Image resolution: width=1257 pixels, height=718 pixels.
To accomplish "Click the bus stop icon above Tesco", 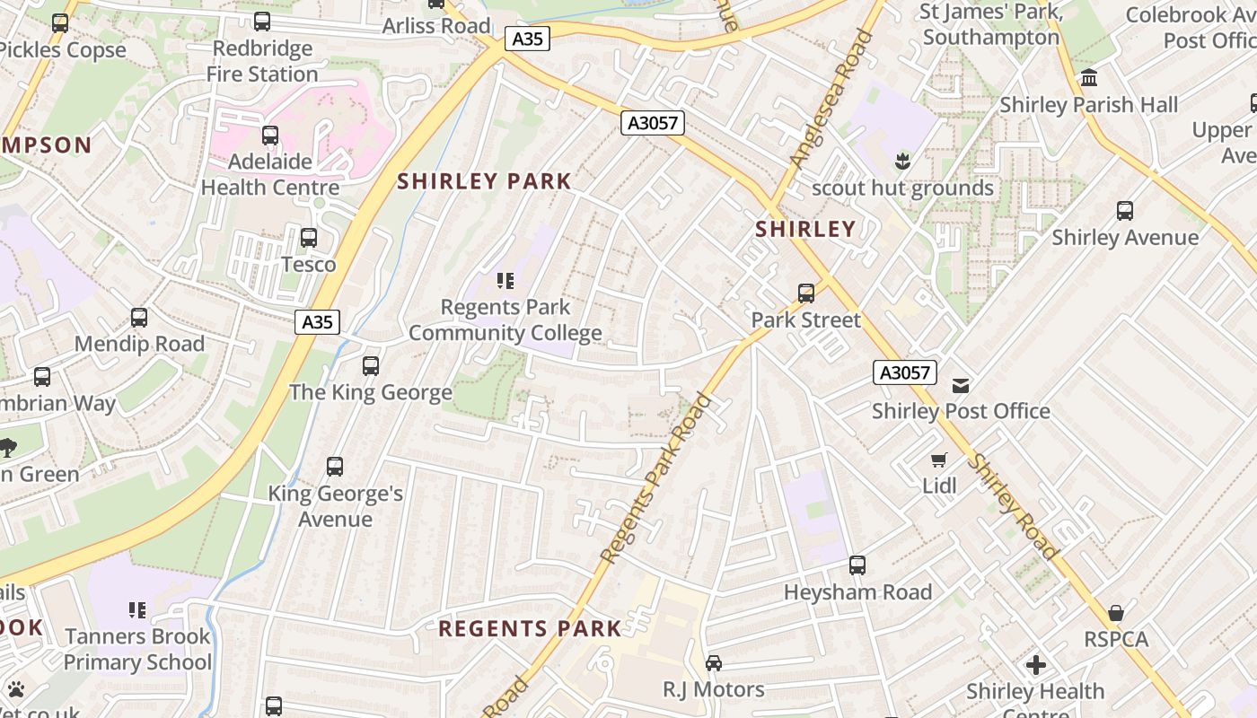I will [309, 238].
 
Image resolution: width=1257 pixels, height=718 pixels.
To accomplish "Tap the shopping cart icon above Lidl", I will [939, 460].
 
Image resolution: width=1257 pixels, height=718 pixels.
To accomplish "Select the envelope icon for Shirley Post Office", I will [961, 386].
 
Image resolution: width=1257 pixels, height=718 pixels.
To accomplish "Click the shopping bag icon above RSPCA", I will [1116, 614].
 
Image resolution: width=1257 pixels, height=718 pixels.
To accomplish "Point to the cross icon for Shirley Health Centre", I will [1036, 665].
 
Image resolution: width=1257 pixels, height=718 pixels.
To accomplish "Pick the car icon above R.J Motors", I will [714, 663].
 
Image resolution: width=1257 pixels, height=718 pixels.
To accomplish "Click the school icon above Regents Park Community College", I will [505, 281].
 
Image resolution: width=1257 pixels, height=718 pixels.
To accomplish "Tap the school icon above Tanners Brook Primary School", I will [137, 610].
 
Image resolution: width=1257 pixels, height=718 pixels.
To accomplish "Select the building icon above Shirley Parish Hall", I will [1089, 78].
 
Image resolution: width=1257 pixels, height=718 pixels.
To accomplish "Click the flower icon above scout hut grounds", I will [902, 162].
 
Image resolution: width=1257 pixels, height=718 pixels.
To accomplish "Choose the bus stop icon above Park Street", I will [806, 293].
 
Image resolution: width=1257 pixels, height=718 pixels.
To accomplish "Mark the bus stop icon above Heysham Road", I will [857, 565].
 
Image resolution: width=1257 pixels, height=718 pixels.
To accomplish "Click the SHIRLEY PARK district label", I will [484, 181].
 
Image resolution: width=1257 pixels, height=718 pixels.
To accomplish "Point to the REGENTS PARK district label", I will [530, 629].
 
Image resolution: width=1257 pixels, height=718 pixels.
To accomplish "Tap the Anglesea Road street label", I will [831, 99].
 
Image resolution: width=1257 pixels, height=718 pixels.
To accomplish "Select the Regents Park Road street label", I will [655, 480].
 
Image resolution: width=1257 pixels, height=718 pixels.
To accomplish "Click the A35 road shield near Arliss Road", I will [527, 39].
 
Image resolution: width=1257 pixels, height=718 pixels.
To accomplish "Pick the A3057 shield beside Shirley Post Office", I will [905, 372].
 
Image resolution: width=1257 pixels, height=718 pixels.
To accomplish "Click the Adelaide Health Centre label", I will [270, 174].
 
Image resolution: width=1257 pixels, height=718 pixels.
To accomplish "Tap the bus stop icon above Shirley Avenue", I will [1125, 211].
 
